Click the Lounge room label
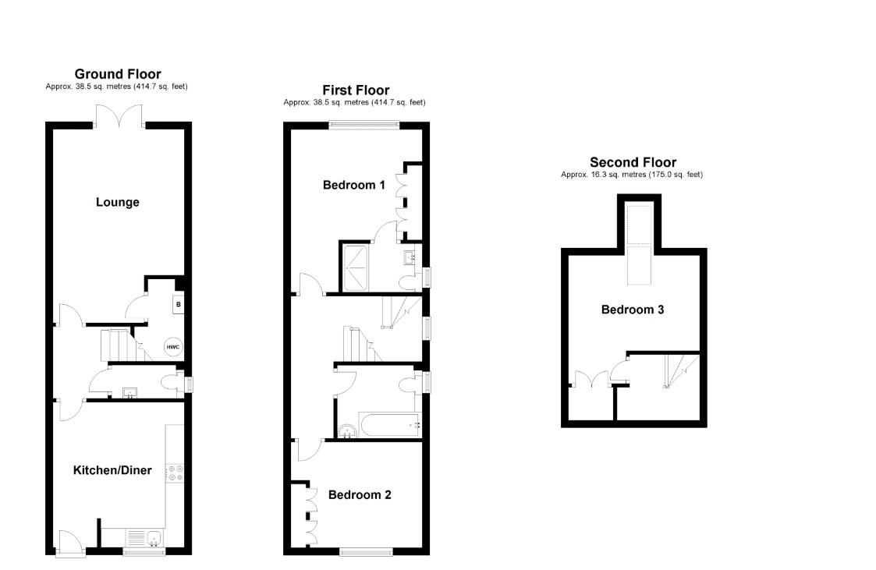(x=118, y=202)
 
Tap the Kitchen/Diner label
(x=112, y=470)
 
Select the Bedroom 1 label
(x=354, y=185)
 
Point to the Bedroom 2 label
(x=360, y=494)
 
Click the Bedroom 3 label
(x=633, y=310)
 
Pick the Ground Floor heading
(x=118, y=74)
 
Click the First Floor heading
(x=356, y=90)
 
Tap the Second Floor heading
(x=633, y=162)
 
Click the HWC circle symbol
(x=172, y=348)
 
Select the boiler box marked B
(x=179, y=304)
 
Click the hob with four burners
(x=176, y=471)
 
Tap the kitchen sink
(x=148, y=538)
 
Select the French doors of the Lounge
(x=119, y=115)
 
